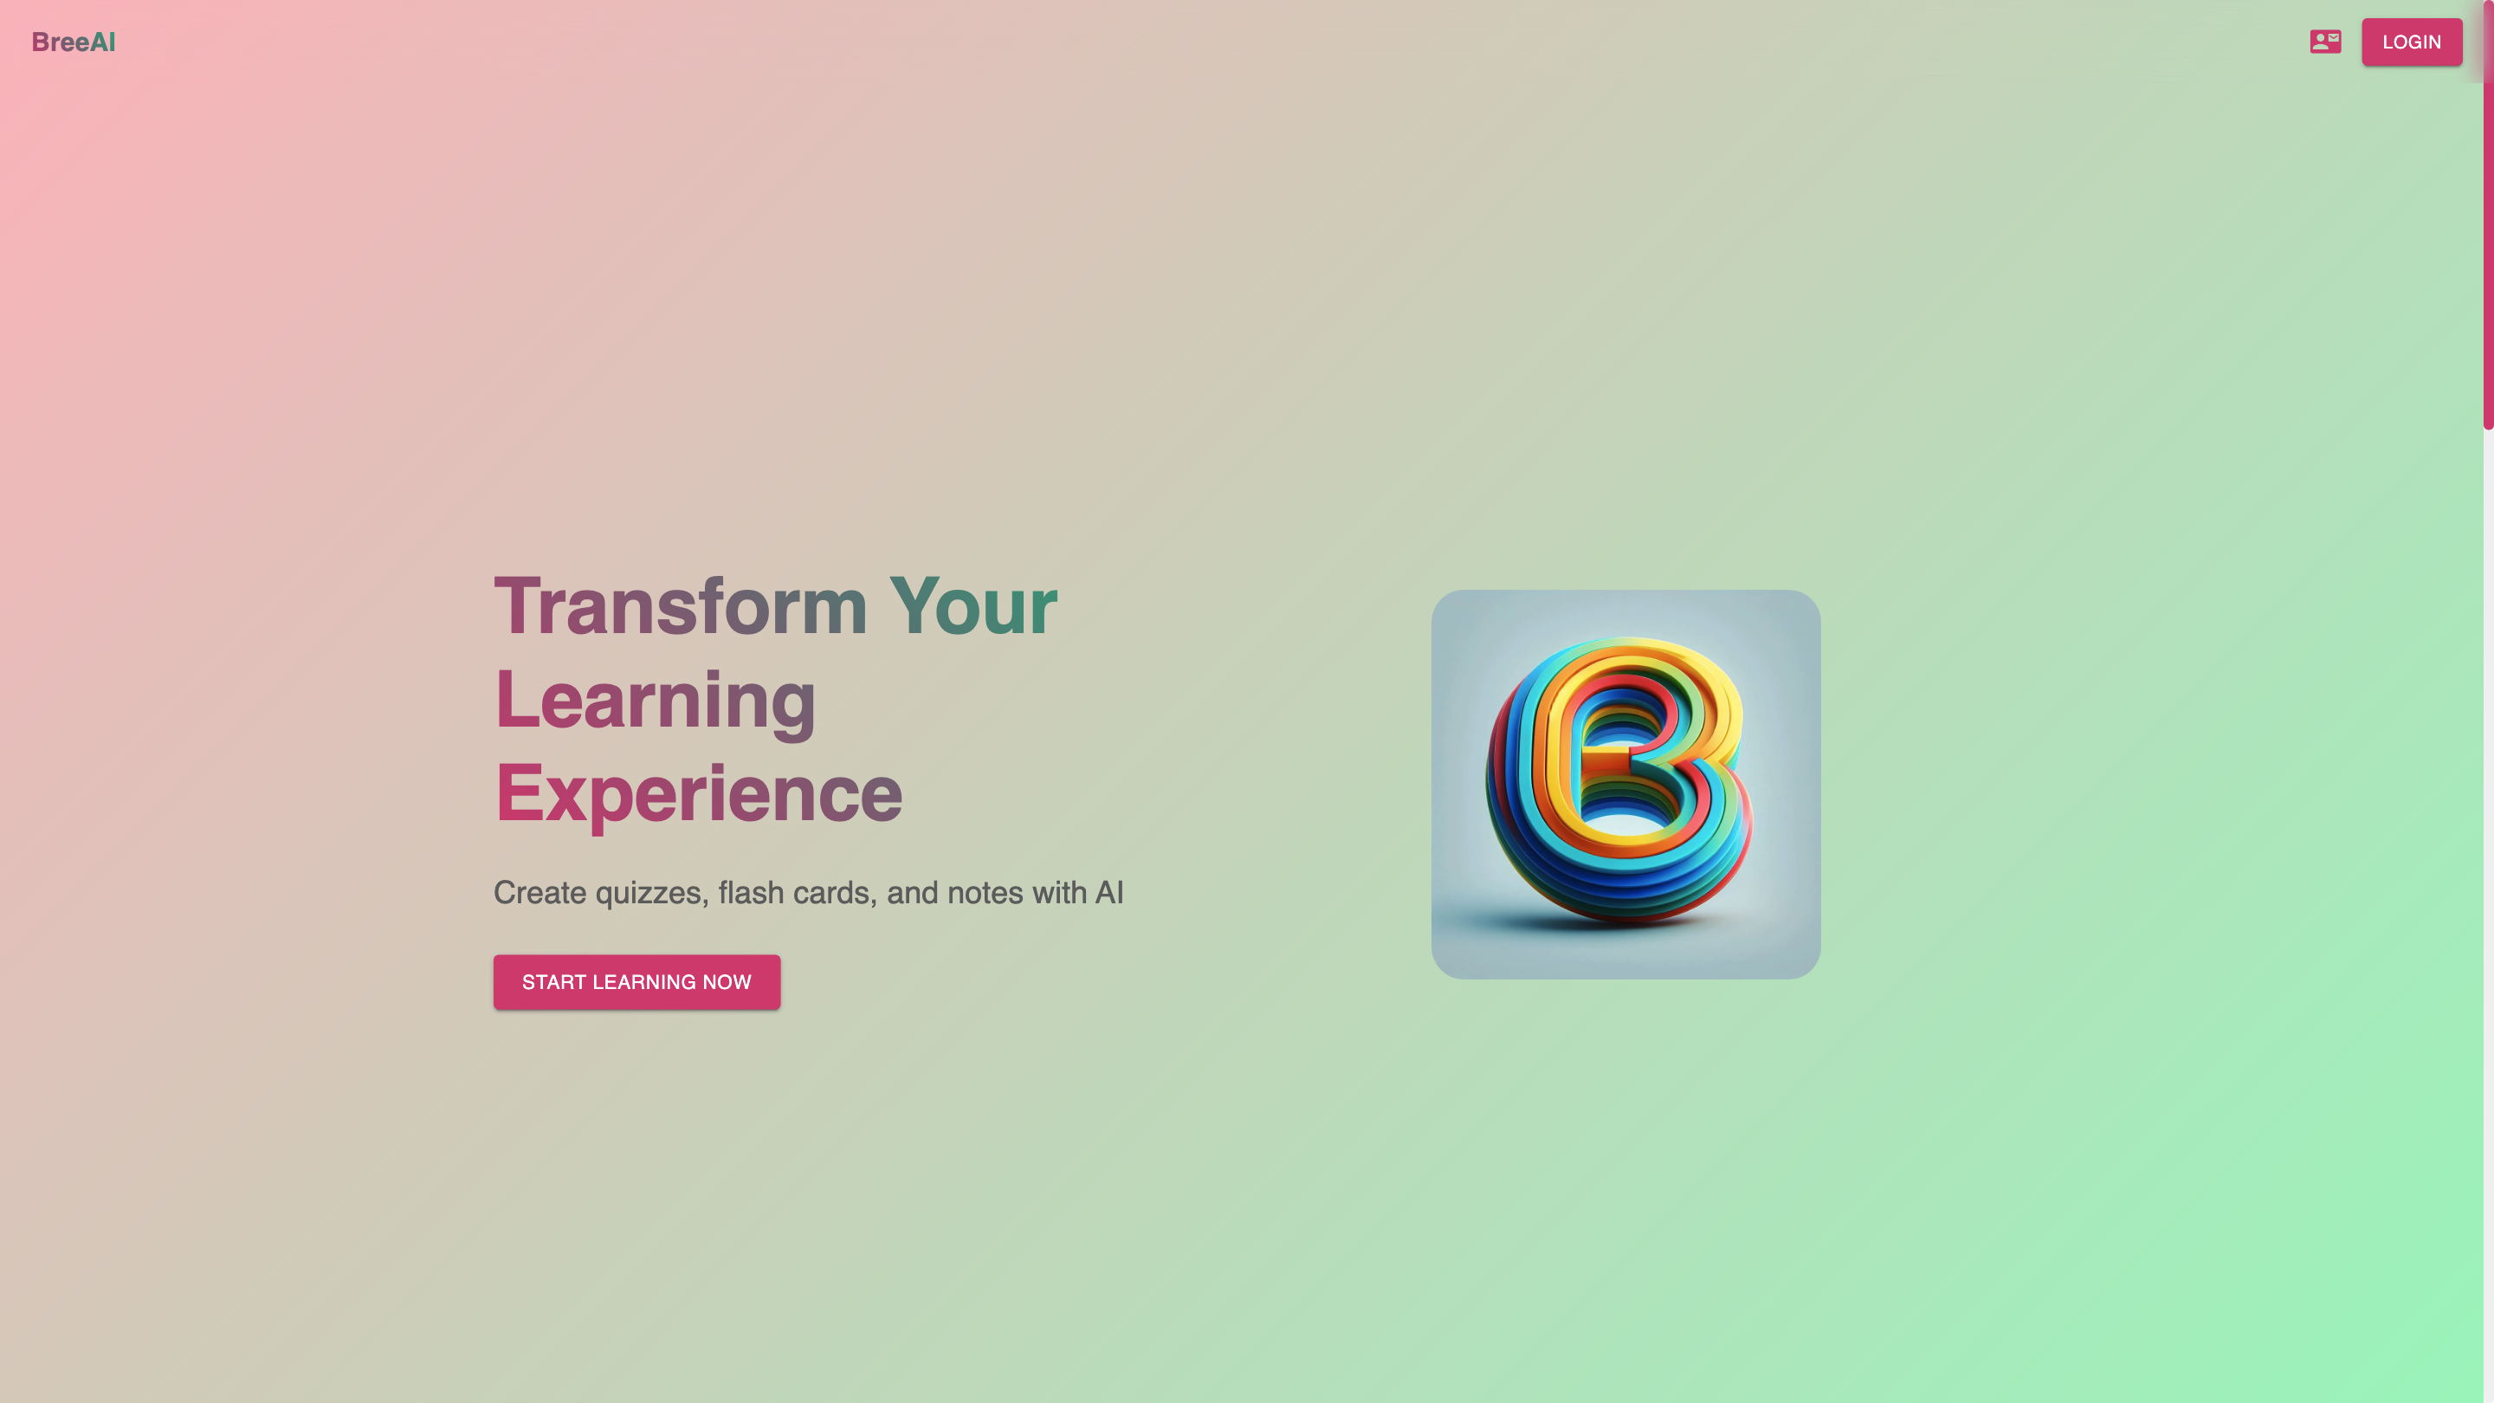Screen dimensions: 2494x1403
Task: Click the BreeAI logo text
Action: point(74,42)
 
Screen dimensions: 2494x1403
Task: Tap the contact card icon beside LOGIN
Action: point(2324,42)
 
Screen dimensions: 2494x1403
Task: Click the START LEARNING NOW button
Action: point(636,982)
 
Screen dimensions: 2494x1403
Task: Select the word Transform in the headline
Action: point(681,606)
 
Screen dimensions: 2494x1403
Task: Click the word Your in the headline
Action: point(973,606)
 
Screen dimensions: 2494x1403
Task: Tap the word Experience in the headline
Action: point(698,794)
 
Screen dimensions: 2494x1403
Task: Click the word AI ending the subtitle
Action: point(1109,892)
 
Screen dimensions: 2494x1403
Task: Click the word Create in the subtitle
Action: point(540,892)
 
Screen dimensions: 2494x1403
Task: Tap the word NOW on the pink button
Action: point(727,982)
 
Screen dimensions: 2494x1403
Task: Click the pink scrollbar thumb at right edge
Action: point(2487,214)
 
